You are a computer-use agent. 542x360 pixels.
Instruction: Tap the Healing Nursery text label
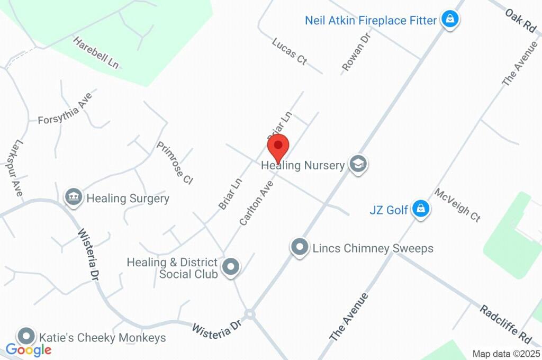click(303, 165)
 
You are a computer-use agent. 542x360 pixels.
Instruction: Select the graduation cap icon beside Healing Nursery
click(358, 164)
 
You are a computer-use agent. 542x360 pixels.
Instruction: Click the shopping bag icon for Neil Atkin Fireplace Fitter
click(450, 20)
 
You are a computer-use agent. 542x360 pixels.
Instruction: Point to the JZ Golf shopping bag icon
click(421, 209)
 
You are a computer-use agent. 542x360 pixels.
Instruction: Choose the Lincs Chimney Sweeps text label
click(373, 248)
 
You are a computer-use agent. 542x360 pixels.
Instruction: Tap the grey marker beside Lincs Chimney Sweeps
click(300, 247)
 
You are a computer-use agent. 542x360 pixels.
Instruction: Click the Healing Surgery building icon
click(73, 197)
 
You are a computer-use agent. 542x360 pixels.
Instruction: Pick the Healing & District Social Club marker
click(230, 267)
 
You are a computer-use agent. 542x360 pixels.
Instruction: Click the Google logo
click(29, 349)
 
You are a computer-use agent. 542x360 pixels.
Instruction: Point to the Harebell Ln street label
click(96, 52)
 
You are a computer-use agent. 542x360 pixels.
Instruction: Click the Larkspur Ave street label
click(17, 168)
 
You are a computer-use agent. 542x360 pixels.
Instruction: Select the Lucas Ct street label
click(290, 51)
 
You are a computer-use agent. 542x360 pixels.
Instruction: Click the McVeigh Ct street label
click(457, 205)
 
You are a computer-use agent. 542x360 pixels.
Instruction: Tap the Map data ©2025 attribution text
click(506, 354)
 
